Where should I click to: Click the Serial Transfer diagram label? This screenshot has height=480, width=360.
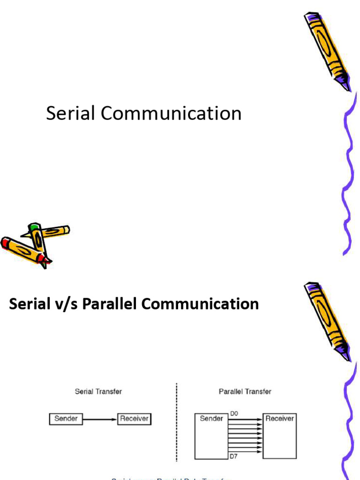[x=98, y=391]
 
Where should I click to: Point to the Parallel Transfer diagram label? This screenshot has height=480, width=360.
[x=245, y=391]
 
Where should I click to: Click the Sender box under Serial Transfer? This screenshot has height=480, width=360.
[x=66, y=419]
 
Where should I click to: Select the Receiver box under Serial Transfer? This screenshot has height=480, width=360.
[x=134, y=419]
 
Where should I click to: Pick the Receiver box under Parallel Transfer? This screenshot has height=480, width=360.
[x=280, y=436]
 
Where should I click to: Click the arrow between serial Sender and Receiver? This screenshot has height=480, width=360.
[x=100, y=419]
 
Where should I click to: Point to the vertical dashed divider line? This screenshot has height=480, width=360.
[x=177, y=422]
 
